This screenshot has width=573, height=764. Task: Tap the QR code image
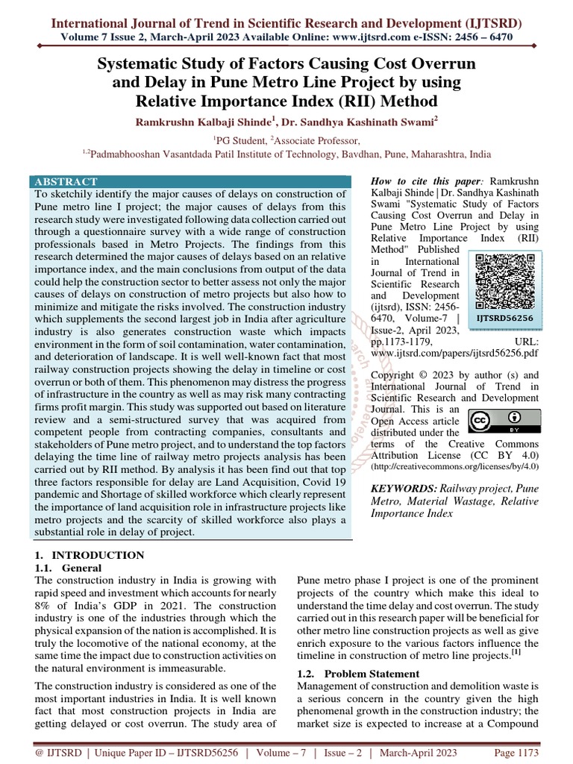click(506, 281)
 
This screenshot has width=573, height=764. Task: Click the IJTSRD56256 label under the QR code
click(506, 317)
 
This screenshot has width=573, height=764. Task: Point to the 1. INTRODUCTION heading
click(90, 555)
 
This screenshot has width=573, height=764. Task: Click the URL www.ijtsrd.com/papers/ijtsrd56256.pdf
click(455, 352)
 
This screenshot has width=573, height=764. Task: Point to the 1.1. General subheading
click(69, 567)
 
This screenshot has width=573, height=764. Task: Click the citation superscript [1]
click(516, 653)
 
